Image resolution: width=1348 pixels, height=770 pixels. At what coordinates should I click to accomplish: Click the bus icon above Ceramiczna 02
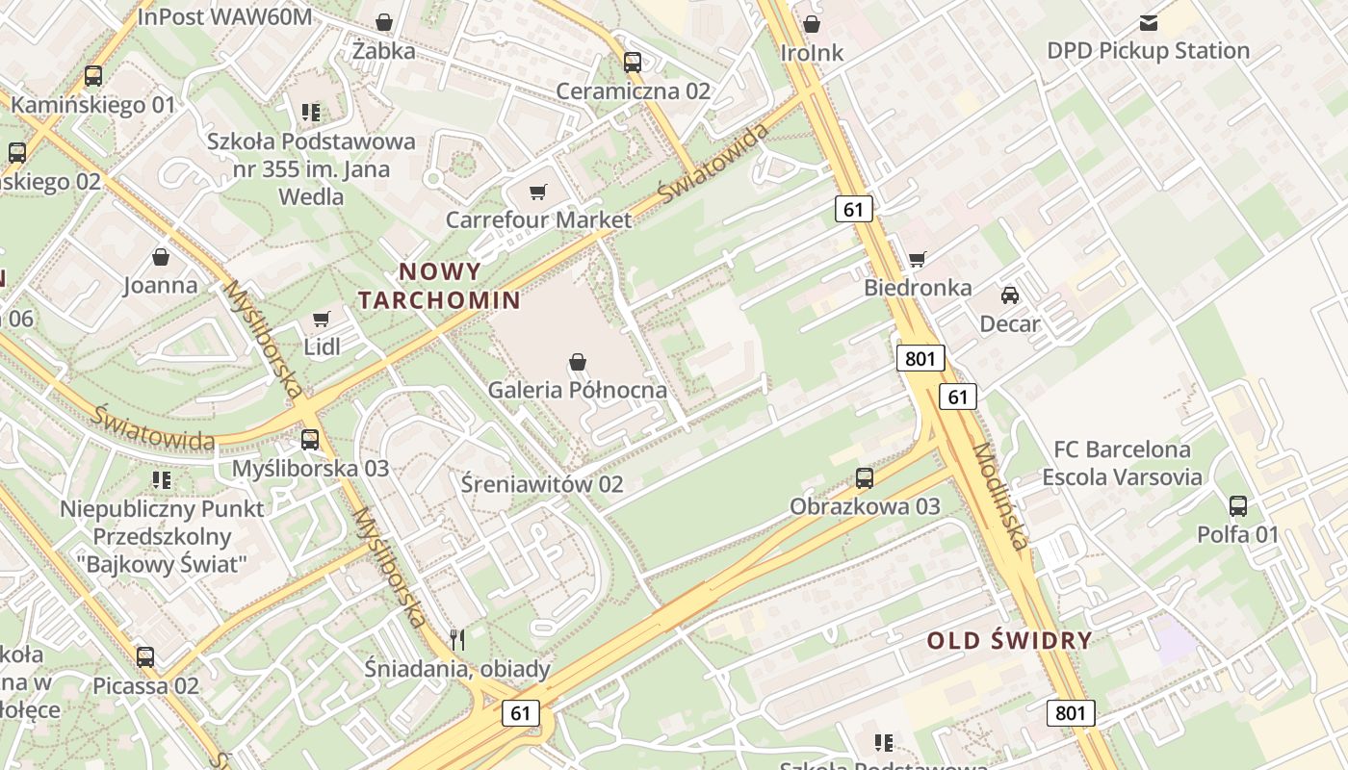(633, 63)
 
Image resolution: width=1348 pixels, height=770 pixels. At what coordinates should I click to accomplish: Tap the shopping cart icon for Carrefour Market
(538, 192)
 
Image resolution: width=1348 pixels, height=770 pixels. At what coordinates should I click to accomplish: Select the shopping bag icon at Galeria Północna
(578, 362)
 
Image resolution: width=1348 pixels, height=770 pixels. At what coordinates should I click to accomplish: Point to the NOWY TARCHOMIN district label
(440, 285)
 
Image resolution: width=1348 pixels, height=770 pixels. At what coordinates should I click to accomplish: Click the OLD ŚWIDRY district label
(1010, 640)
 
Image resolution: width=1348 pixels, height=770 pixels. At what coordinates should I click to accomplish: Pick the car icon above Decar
(1009, 295)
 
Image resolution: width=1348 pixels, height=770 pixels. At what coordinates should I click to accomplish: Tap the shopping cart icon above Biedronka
(918, 259)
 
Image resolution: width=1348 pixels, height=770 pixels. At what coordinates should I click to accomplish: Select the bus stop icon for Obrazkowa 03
(865, 477)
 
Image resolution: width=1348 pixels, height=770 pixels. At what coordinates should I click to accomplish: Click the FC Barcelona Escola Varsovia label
(1122, 463)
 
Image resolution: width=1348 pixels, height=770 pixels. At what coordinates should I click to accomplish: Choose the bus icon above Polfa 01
(1238, 505)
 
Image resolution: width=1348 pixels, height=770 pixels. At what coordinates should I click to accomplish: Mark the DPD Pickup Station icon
(1149, 22)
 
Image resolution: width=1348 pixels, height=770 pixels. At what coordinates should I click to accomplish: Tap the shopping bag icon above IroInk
(812, 23)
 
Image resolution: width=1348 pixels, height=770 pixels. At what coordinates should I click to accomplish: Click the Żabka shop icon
(384, 22)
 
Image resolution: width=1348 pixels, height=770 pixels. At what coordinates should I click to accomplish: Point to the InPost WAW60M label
(224, 16)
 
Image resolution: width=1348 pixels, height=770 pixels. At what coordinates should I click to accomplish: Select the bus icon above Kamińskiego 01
(93, 76)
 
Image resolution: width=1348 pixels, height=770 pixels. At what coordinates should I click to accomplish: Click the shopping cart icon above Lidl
(322, 319)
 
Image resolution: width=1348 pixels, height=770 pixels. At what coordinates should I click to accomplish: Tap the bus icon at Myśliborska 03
(310, 440)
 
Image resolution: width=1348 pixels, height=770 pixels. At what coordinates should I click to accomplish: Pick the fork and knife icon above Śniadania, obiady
(457, 639)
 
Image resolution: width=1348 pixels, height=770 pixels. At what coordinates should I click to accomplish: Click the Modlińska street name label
(1000, 496)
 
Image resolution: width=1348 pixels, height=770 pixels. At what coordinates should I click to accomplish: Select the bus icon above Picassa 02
(145, 657)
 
